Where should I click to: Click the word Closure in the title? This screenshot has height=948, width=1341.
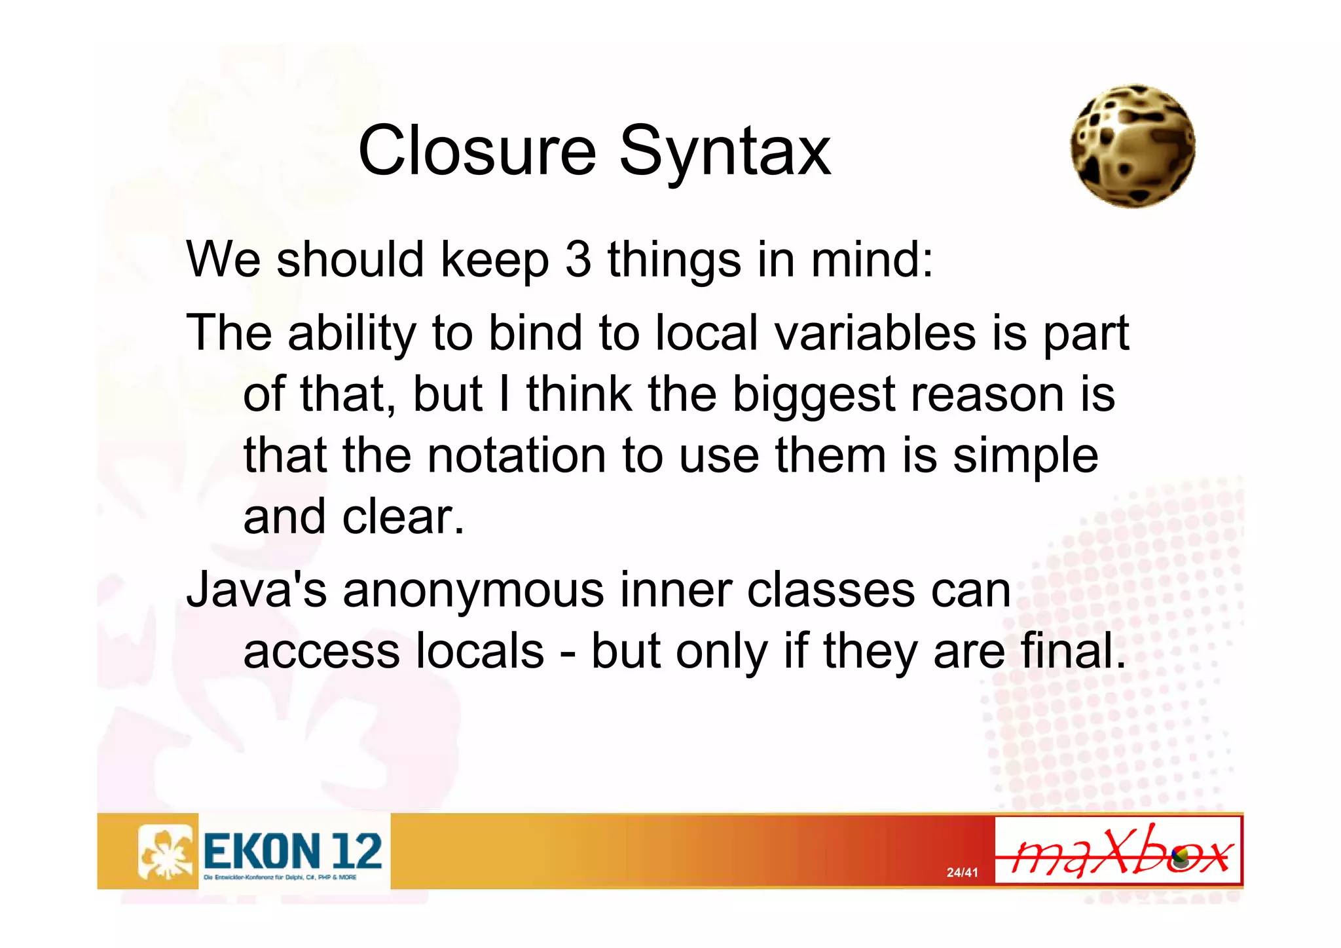[x=477, y=151]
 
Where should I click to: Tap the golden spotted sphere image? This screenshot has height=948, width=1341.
[x=1133, y=146]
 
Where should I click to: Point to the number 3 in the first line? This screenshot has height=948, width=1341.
[x=578, y=259]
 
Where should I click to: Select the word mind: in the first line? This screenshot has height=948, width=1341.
[x=872, y=259]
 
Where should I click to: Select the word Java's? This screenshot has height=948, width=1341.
[x=256, y=590]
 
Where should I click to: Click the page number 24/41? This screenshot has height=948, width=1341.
[x=962, y=873]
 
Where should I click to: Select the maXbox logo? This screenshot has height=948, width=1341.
[x=1118, y=850]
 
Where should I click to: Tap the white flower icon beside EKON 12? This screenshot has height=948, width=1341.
[x=167, y=851]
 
